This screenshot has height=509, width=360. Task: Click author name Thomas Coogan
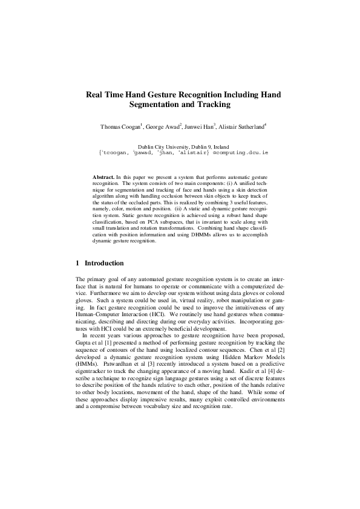[x=120, y=127]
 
